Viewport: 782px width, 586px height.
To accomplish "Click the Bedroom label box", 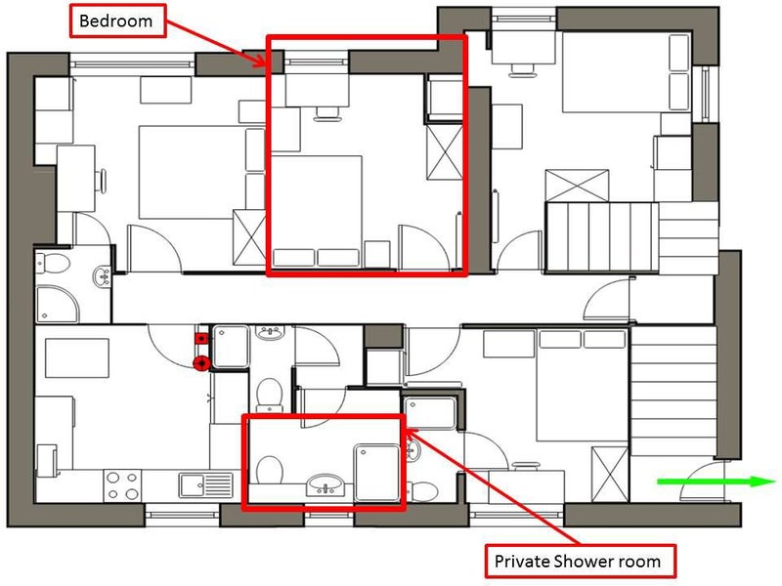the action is [x=117, y=21].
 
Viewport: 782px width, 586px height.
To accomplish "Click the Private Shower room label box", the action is [x=581, y=562].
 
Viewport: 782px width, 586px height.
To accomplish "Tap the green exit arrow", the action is [x=717, y=481].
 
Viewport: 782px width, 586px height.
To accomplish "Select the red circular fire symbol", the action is [x=201, y=363].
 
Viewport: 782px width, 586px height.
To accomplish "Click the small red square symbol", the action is [x=201, y=339].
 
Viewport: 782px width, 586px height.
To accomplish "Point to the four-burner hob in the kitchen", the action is [x=123, y=485].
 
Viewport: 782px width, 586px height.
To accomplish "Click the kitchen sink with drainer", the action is [x=206, y=485].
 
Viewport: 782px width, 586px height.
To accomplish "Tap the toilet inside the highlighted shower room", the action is [x=270, y=470].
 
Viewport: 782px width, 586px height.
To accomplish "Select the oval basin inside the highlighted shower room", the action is [x=325, y=483].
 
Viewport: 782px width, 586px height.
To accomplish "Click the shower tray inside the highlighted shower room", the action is [x=377, y=474].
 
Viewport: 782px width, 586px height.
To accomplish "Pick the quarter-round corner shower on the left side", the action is [x=58, y=304].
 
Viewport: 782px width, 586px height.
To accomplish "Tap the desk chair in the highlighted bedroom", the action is [x=326, y=114].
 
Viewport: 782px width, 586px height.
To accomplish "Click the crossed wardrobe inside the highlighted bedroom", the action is [x=445, y=151].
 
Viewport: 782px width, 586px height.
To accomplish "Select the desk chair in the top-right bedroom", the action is [x=523, y=69].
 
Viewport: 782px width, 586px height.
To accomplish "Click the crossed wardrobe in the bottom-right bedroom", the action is [x=610, y=475].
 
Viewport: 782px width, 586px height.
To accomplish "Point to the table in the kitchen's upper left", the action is [x=77, y=358].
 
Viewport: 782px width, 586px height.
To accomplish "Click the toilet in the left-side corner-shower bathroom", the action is [x=53, y=264].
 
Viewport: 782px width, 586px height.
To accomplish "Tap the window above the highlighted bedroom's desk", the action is [x=316, y=62].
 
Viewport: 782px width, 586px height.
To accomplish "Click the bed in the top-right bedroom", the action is [x=627, y=72].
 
